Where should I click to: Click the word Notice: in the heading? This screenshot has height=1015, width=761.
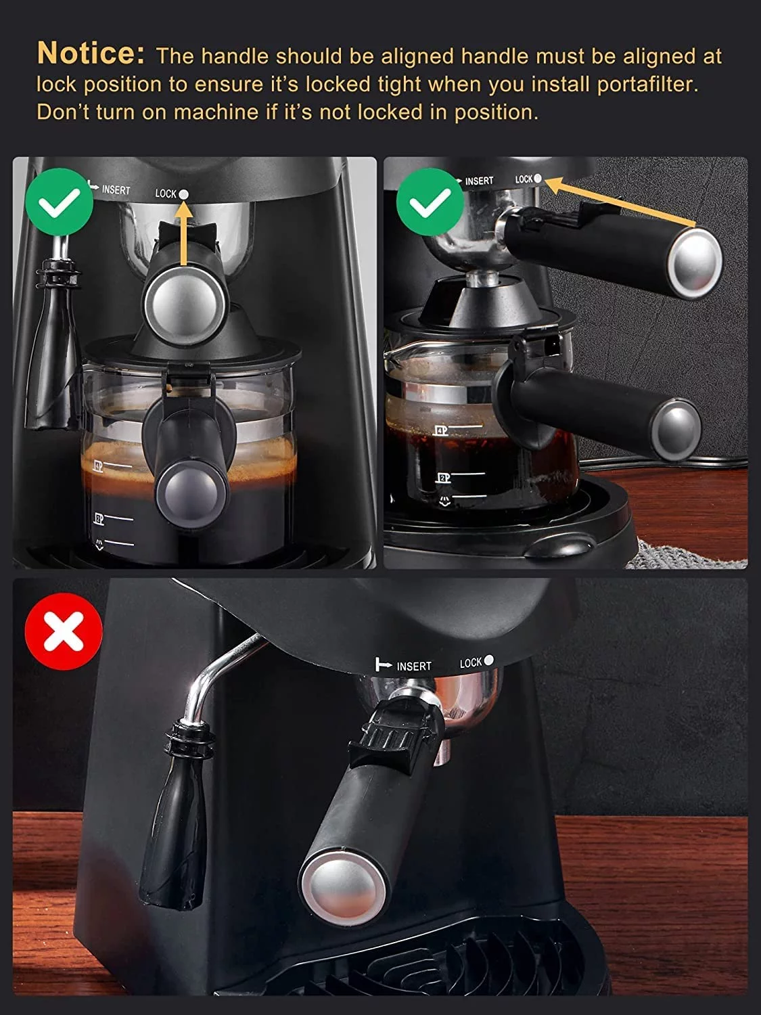click(x=91, y=53)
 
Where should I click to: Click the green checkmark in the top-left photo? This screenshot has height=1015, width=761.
click(x=59, y=202)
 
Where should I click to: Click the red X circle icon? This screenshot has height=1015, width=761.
click(x=64, y=631)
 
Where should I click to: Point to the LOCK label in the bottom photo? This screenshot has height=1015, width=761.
click(x=471, y=662)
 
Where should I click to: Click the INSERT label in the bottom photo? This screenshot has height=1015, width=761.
click(x=413, y=666)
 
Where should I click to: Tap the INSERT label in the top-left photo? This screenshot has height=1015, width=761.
click(x=116, y=190)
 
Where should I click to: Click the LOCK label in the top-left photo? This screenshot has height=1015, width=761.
click(x=165, y=194)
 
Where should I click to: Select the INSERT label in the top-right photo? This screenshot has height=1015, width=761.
click(x=479, y=181)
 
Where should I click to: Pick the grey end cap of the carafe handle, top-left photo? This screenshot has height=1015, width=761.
click(x=183, y=489)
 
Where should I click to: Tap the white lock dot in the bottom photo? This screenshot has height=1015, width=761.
click(x=489, y=660)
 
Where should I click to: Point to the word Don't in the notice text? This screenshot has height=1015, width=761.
click(x=63, y=112)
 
